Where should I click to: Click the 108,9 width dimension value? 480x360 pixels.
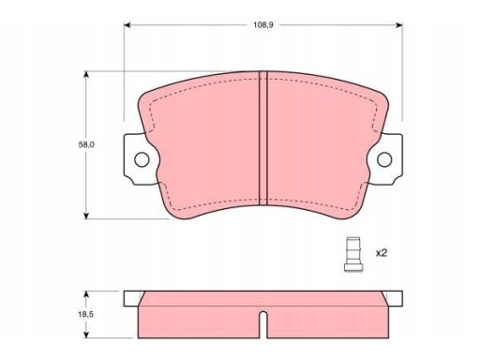click(262, 25)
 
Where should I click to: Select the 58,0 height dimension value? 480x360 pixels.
click(86, 145)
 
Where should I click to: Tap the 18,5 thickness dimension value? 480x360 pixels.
click(85, 314)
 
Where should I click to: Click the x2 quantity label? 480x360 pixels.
click(382, 253)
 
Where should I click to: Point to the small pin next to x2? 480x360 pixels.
click(353, 254)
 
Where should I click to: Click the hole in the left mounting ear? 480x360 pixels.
click(142, 159)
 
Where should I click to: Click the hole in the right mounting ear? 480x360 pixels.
click(384, 159)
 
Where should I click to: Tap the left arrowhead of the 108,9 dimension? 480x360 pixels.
click(127, 25)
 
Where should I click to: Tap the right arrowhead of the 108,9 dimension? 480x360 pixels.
click(399, 25)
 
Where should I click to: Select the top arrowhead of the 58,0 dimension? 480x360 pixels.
click(86, 74)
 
